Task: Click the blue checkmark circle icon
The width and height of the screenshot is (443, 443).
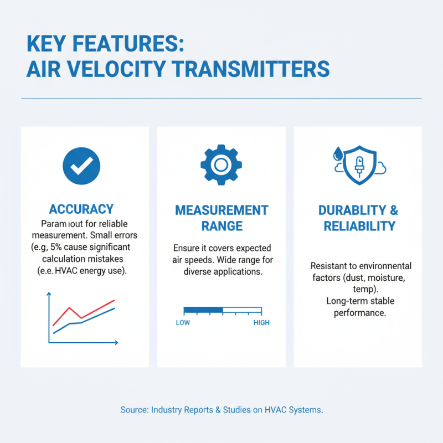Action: pos(82,165)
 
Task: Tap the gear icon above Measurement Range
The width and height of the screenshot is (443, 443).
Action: pos(220,164)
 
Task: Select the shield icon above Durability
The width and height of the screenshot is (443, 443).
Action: pos(358,164)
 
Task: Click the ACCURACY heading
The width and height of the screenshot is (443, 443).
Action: pos(81,209)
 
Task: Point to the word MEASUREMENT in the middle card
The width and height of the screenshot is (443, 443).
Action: pos(221,210)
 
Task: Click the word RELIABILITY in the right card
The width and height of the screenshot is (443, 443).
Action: pos(359,226)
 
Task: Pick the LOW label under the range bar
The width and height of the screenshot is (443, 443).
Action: pos(183,323)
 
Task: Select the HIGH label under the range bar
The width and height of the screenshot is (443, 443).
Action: pos(261,323)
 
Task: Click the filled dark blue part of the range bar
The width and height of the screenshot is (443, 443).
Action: pos(203,310)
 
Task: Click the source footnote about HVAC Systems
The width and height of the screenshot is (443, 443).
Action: pos(221,410)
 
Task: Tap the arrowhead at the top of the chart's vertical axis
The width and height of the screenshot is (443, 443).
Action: pos(49,293)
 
